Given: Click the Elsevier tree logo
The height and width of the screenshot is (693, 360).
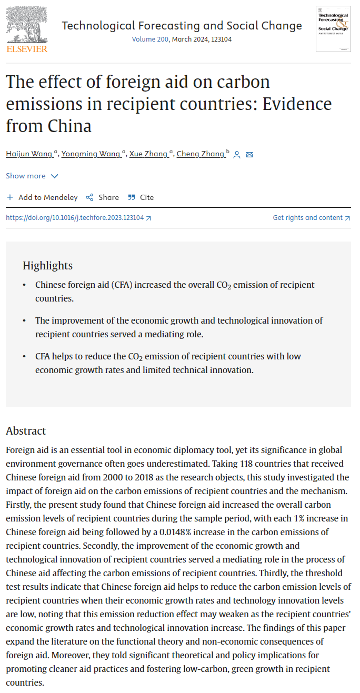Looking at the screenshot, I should (26, 26).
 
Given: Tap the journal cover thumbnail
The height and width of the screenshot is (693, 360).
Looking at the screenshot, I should (333, 29).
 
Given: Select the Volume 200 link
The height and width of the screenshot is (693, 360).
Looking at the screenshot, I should (150, 39).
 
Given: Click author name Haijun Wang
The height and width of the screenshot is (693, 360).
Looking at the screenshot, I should (29, 154).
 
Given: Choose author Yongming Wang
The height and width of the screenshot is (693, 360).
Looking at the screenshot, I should (91, 154).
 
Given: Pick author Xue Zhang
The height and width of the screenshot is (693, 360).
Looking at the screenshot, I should (149, 154).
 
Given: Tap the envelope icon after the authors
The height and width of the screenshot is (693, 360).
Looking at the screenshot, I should (249, 155).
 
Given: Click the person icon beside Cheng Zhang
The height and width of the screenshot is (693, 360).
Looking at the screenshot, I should (237, 155).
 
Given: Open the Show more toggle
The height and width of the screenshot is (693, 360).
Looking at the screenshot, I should (32, 176).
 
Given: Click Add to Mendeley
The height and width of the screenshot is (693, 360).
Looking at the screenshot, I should (42, 197).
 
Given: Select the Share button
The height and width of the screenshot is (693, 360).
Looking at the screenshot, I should (103, 197).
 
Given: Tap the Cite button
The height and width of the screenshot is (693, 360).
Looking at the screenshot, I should (141, 197).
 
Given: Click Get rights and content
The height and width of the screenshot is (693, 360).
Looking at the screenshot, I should (311, 218).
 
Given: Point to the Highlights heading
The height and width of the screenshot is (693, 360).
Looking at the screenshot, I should (47, 266).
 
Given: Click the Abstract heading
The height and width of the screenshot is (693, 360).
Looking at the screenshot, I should (26, 431).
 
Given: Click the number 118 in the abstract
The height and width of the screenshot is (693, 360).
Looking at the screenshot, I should (249, 464).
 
